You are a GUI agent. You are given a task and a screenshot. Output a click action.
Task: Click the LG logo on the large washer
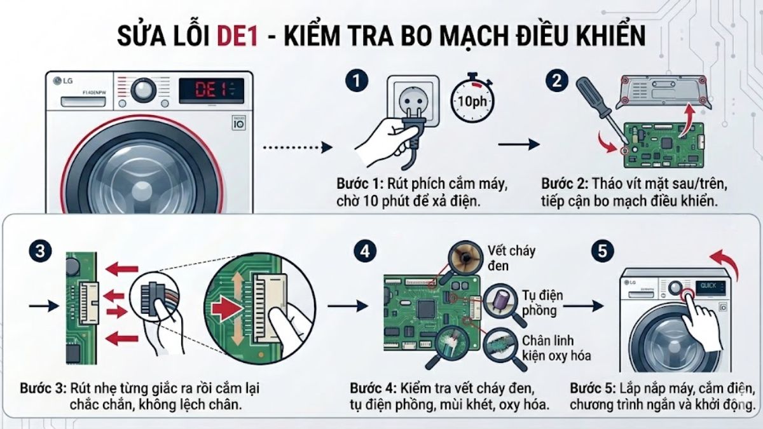point(63,80)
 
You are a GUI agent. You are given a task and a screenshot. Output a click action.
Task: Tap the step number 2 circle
point(557,81)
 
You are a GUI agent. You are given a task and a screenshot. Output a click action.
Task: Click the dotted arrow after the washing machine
point(298,147)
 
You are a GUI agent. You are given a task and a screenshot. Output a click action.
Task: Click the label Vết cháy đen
point(511,257)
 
